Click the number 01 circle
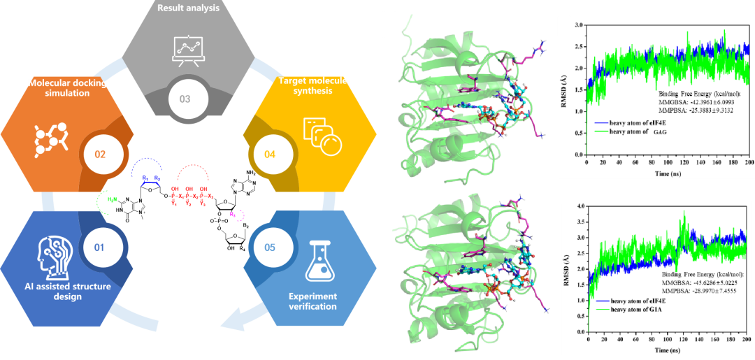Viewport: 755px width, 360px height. pos(99,247)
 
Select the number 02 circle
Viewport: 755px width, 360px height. pos(99,153)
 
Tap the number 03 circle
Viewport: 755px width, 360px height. pos(185,99)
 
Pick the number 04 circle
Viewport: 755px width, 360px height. pos(269,153)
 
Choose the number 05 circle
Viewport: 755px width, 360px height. pos(269,247)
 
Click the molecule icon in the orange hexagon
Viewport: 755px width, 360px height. pos(52,139)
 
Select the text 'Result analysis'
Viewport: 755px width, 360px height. pos(188,8)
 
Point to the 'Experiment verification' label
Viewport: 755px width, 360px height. pos(312,301)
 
